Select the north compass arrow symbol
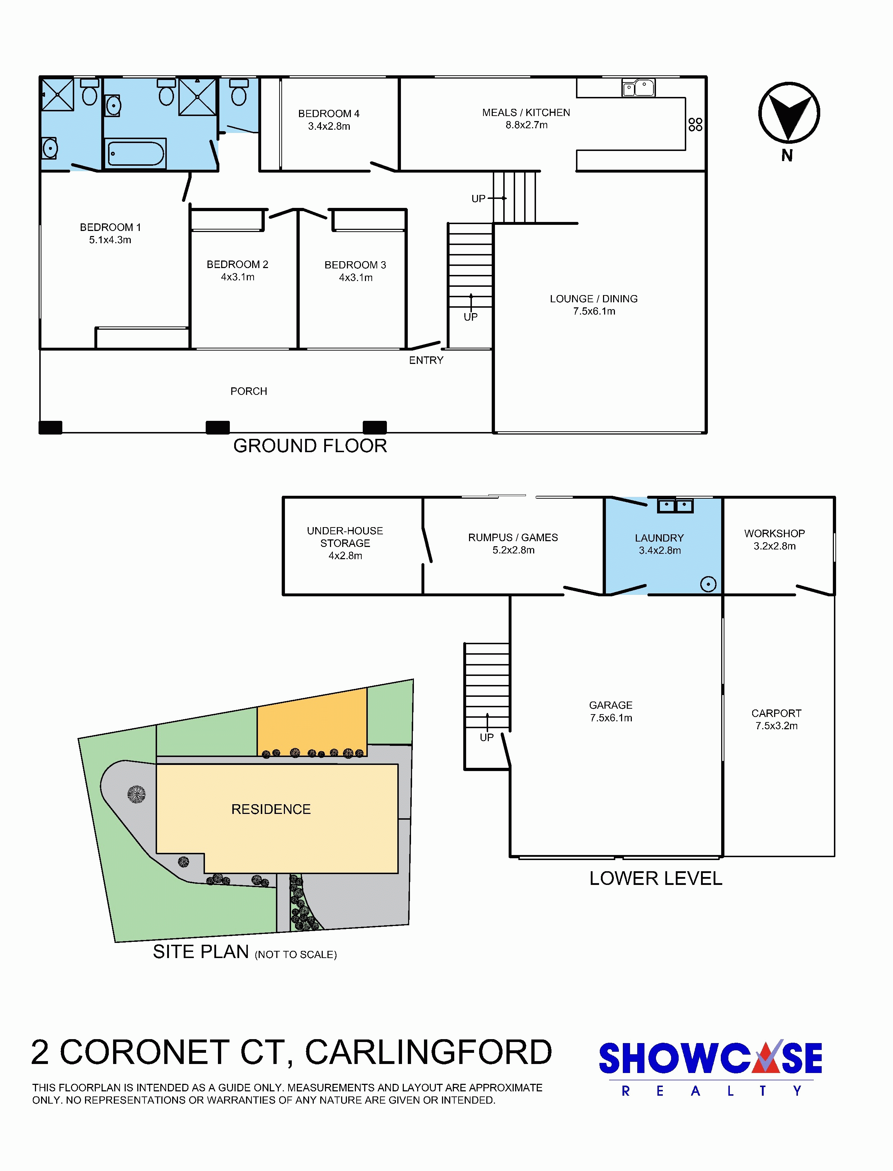click(x=789, y=113)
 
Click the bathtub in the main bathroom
click(x=135, y=153)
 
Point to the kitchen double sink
click(x=638, y=87)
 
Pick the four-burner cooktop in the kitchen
click(x=695, y=124)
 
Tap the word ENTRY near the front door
click(x=426, y=360)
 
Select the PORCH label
click(x=249, y=391)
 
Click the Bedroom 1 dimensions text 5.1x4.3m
click(x=110, y=240)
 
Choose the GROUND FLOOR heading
click(x=310, y=445)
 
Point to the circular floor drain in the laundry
click(x=708, y=584)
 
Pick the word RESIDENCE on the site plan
click(x=271, y=809)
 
